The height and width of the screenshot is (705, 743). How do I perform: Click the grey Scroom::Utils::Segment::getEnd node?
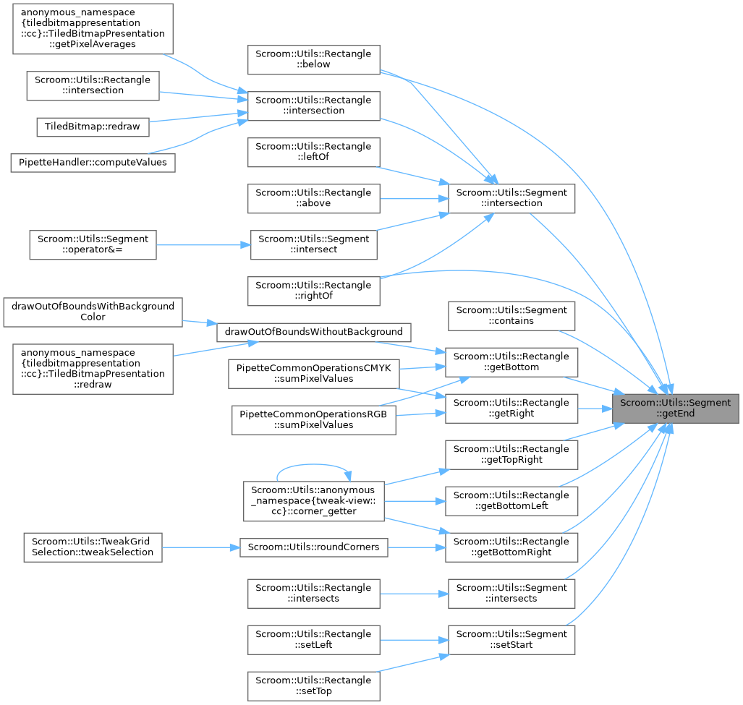pyautogui.click(x=675, y=409)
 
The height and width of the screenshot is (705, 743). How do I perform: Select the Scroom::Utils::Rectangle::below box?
pyautogui.click(x=313, y=59)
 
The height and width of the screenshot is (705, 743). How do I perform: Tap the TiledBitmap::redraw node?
pyautogui.click(x=93, y=127)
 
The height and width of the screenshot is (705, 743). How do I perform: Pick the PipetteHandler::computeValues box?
pyautogui.click(x=92, y=162)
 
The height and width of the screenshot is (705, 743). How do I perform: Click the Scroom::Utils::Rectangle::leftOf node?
pyautogui.click(x=313, y=152)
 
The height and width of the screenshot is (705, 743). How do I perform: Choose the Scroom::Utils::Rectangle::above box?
pyautogui.click(x=313, y=198)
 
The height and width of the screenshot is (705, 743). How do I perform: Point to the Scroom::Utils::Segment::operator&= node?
pyautogui.click(x=92, y=244)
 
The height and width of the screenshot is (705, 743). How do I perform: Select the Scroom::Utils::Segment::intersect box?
pyautogui.click(x=313, y=244)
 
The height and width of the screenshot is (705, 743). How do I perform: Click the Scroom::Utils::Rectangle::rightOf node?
pyautogui.click(x=313, y=291)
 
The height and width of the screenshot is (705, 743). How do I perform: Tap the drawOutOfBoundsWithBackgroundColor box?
pyautogui.click(x=93, y=312)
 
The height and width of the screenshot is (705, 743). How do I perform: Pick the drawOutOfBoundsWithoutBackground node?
pyautogui.click(x=314, y=332)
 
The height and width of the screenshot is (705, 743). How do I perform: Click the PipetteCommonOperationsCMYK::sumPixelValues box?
pyautogui.click(x=313, y=373)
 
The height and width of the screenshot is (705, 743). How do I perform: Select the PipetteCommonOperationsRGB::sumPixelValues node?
pyautogui.click(x=313, y=419)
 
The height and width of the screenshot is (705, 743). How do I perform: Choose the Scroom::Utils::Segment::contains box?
pyautogui.click(x=511, y=315)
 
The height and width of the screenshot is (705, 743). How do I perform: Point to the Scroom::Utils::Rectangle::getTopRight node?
pyautogui.click(x=511, y=454)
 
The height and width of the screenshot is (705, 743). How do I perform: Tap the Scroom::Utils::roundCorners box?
pyautogui.click(x=313, y=547)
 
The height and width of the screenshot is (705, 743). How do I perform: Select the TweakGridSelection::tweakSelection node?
pyautogui.click(x=93, y=547)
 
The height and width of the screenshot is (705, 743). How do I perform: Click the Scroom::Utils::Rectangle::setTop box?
pyautogui.click(x=313, y=685)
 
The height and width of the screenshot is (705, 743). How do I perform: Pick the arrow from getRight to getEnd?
pyautogui.click(x=594, y=409)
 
